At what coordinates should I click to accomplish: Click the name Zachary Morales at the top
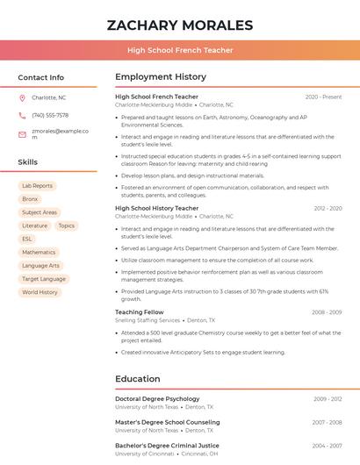180,25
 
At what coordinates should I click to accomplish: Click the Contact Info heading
40,77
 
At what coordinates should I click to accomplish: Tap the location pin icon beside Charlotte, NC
22,97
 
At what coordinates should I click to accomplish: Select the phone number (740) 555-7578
50,115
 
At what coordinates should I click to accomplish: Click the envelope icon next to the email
22,132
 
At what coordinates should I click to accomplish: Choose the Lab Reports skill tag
37,186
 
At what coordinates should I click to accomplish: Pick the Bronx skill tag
30,199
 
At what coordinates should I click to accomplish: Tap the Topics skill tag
67,225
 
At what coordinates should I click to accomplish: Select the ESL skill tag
27,239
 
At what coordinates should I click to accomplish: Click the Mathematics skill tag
39,252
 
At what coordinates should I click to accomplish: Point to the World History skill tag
40,292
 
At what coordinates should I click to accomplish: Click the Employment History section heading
161,77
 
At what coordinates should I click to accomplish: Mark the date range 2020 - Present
323,97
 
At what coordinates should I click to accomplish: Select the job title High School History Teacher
157,208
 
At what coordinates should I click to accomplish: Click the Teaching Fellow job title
139,311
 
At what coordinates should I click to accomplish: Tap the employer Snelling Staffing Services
148,320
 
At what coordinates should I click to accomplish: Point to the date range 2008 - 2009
326,312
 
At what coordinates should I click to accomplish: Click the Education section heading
137,379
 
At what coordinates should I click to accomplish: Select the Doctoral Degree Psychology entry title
157,398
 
